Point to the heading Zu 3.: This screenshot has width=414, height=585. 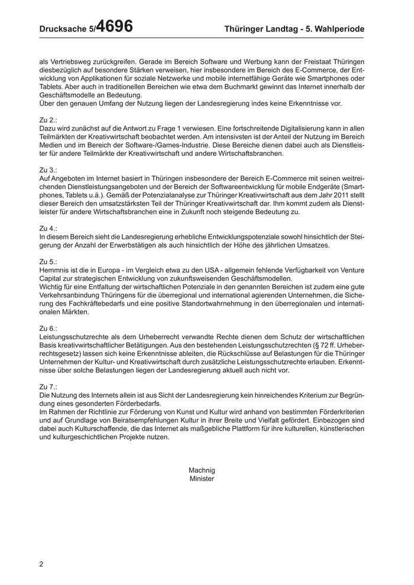pyautogui.click(x=48, y=170)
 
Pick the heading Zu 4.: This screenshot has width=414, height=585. pyautogui.click(x=48, y=227)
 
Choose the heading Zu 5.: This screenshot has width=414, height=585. pyautogui.click(x=48, y=261)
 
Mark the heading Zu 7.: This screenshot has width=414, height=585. pyautogui.click(x=48, y=385)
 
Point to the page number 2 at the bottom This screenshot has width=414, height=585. pyautogui.click(x=41, y=564)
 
